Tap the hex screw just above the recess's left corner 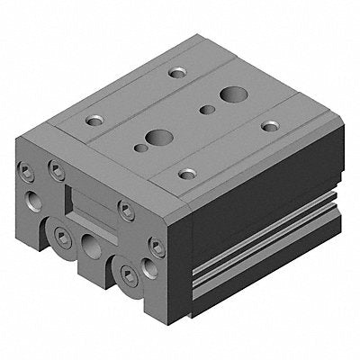click(x=56, y=168)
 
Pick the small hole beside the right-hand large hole click(x=207, y=110)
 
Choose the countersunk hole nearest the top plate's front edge click(x=187, y=173)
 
